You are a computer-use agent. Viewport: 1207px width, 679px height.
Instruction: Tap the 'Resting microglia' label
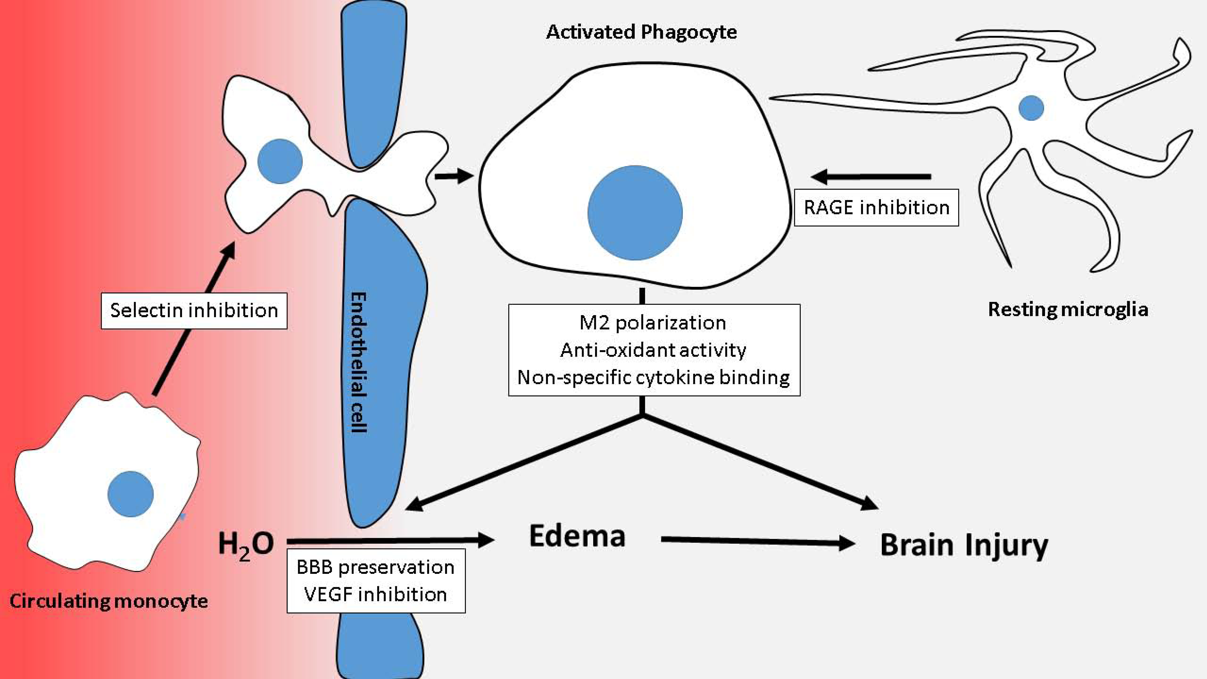click(x=1068, y=309)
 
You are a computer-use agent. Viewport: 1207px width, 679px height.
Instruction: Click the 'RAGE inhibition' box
click(x=876, y=208)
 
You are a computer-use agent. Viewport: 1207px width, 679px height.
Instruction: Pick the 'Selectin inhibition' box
click(x=194, y=310)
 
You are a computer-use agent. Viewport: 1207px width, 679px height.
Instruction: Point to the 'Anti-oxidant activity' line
click(x=653, y=350)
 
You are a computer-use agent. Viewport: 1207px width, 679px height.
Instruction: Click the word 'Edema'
click(x=577, y=536)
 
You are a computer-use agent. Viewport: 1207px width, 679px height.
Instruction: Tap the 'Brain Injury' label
click(x=964, y=545)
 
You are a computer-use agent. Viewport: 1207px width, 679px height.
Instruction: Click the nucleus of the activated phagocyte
click(x=635, y=213)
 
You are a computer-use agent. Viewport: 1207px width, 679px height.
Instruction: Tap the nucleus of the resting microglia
click(x=1031, y=108)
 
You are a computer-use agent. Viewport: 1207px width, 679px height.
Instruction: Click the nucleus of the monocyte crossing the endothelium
click(x=280, y=161)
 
